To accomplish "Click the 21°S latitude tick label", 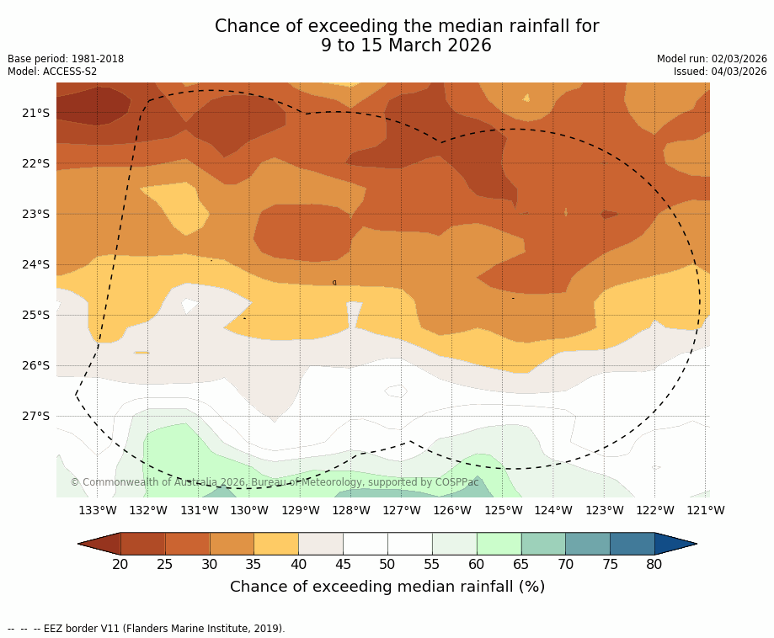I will [x=35, y=113].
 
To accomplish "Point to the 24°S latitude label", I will [x=35, y=264].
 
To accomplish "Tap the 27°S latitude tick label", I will [x=35, y=416].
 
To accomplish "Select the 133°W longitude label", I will [x=98, y=510].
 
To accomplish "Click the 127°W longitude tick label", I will [x=402, y=510].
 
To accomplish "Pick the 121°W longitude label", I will [x=706, y=510].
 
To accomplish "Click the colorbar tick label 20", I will [x=120, y=564].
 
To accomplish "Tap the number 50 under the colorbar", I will [x=387, y=564].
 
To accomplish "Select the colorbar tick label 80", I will [x=654, y=564].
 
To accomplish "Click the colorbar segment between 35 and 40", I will [x=276, y=544].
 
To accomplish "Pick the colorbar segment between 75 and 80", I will [x=632, y=544].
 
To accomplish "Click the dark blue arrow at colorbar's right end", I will [x=675, y=544].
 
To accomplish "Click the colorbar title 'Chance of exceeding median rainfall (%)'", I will [x=387, y=587].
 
